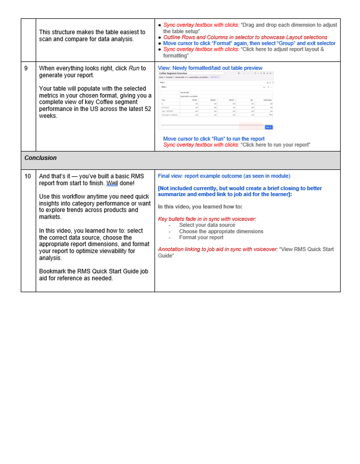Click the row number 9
26,68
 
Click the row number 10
28,176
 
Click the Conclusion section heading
41,158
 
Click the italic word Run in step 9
134,68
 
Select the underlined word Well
112,183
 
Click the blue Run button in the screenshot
269,127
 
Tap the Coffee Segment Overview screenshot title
173,73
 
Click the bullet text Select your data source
207,225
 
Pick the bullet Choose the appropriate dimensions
221,231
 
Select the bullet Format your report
201,238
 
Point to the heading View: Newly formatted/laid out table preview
210,68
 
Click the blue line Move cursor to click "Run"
214,139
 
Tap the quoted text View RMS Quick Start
307,249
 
